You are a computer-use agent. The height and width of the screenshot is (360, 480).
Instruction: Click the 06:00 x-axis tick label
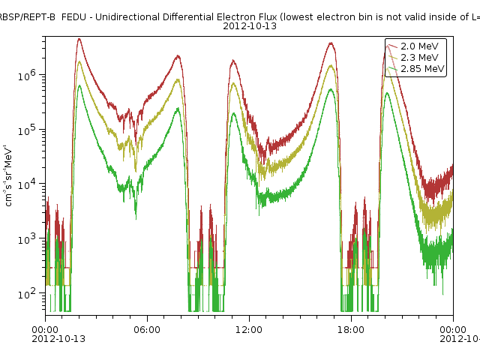(147, 328)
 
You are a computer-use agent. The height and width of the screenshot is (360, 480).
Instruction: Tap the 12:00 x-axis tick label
(249, 328)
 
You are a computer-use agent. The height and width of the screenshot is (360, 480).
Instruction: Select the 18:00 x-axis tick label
(351, 328)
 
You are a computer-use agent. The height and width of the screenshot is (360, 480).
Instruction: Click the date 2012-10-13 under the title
(250, 26)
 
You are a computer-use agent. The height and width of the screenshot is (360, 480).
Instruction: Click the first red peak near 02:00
(79, 40)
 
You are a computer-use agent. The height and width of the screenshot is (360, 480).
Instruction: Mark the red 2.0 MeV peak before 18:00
(331, 43)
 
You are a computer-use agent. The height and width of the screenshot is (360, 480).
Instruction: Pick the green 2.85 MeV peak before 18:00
(331, 89)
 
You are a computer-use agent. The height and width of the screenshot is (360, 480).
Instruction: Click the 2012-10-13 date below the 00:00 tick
(58, 338)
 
